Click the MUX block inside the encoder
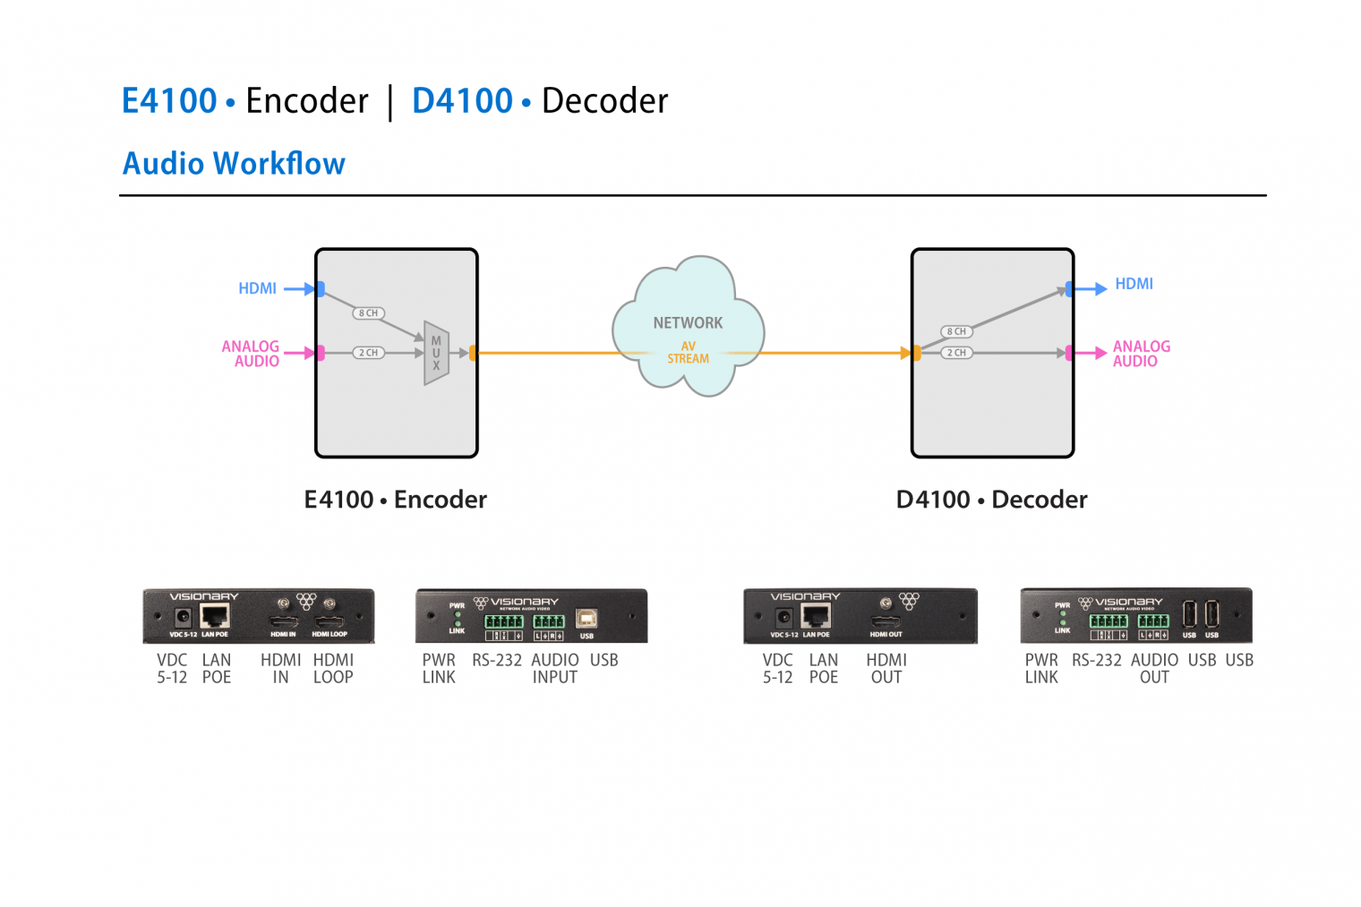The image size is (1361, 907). (436, 353)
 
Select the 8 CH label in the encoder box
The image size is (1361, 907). (368, 313)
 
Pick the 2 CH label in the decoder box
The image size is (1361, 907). (956, 353)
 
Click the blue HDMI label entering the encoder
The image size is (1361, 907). (257, 288)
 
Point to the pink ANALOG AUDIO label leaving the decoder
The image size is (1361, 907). (1141, 354)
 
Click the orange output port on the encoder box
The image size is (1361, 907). (473, 353)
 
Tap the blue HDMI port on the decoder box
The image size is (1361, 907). (1069, 289)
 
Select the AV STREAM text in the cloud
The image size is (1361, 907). (688, 353)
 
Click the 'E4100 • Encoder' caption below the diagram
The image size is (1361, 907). (395, 500)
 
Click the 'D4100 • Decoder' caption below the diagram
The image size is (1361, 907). (991, 500)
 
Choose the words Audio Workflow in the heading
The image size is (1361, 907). (234, 164)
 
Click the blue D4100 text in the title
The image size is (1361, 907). (462, 100)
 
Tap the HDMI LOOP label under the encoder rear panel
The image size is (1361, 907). (333, 669)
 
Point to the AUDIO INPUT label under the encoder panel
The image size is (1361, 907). (555, 669)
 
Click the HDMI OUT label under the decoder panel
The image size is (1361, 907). (886, 669)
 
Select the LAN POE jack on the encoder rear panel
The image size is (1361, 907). (215, 616)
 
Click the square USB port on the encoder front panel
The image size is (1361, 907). (586, 619)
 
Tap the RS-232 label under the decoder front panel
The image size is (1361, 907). (1096, 660)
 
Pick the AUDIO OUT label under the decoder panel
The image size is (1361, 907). (1154, 669)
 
